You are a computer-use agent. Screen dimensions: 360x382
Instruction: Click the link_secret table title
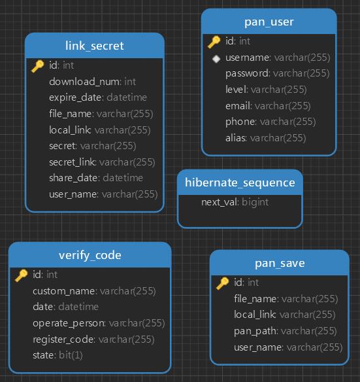tap(95, 46)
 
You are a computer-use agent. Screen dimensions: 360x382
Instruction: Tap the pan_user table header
tap(269, 22)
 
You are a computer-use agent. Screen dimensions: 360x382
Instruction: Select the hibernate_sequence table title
tap(240, 182)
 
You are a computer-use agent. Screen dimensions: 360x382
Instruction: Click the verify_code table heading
tap(90, 255)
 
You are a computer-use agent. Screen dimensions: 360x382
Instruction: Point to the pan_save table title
tap(280, 263)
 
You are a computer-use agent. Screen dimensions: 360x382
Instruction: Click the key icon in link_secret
tap(38, 66)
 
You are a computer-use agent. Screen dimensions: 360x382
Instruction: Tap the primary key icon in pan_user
tap(214, 42)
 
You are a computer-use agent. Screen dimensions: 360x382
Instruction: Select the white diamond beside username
tap(216, 59)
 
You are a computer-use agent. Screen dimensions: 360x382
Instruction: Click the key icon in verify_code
tap(22, 275)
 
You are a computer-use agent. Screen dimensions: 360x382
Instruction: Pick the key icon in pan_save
tap(222, 283)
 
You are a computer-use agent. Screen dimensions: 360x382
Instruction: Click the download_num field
tap(93, 82)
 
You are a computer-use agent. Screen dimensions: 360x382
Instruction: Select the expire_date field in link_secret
tap(98, 97)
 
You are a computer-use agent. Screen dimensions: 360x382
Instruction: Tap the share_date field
tap(96, 178)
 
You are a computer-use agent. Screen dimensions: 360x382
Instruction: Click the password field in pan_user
tap(277, 73)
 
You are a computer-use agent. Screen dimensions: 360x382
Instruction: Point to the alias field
tap(265, 138)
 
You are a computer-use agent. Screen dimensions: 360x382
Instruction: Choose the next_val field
tap(235, 202)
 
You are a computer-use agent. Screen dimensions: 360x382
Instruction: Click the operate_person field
tap(99, 323)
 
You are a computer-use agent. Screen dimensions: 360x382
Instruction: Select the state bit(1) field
tap(57, 355)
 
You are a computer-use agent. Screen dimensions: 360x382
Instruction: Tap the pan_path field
tap(285, 332)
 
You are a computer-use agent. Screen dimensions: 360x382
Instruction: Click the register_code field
tap(93, 339)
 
